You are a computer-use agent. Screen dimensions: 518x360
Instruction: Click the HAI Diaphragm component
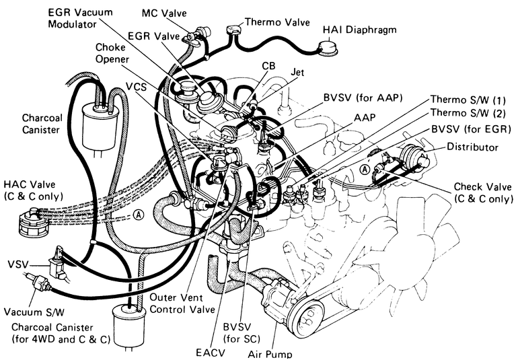click(328, 47)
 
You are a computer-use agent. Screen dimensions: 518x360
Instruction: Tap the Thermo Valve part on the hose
click(234, 30)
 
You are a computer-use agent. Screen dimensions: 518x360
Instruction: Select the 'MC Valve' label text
click(164, 13)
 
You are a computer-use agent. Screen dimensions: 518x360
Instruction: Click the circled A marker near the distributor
click(365, 170)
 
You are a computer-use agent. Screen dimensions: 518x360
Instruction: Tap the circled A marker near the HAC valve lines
click(139, 215)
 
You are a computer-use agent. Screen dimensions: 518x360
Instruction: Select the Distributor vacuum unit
click(414, 157)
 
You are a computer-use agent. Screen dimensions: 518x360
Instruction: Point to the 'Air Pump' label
click(270, 354)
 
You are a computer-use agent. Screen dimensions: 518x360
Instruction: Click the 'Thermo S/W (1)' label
click(468, 100)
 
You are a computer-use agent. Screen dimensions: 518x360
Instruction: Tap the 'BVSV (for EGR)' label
click(472, 129)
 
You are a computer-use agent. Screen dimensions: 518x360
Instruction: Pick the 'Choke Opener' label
click(112, 53)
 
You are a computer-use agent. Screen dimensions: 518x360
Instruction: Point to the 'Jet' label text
click(297, 72)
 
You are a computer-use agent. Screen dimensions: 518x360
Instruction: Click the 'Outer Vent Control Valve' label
click(182, 303)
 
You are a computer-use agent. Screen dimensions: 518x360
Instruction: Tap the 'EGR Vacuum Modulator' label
click(80, 18)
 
